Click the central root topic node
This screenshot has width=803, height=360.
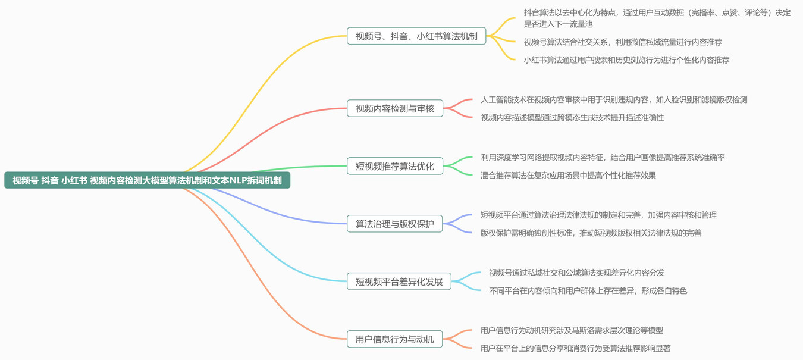point(147,180)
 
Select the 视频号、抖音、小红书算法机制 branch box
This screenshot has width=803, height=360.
point(416,36)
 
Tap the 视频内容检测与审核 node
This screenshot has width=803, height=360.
point(395,108)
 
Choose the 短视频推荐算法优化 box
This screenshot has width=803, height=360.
point(395,166)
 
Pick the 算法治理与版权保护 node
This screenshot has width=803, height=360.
point(395,224)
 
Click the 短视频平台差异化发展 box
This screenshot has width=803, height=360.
point(399,281)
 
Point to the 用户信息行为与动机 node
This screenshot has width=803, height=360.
point(395,339)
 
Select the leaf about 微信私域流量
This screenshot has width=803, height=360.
point(623,42)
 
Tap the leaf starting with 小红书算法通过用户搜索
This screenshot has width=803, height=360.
point(626,60)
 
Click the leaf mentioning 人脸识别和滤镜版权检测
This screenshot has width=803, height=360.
point(614,100)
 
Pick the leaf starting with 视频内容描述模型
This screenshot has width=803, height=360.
point(572,118)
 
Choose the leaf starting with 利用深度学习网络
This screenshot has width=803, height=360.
point(603,158)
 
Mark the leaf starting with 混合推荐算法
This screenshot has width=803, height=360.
point(568,176)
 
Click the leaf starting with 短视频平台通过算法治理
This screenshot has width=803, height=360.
point(598,215)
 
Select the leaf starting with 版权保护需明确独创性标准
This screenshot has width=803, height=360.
point(591,233)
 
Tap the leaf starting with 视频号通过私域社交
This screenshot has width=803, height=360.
point(576,273)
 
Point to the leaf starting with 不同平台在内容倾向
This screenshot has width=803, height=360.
point(588,291)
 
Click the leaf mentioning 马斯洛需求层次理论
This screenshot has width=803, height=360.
point(572,330)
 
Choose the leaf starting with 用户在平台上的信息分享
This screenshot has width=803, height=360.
point(575,348)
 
